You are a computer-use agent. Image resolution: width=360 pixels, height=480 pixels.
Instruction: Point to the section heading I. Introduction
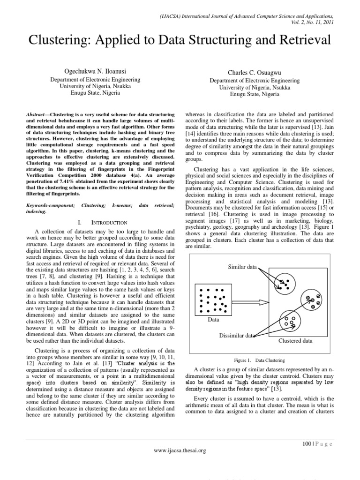pos(101,222)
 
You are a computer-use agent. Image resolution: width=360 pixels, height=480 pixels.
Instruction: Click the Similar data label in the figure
pos(242,267)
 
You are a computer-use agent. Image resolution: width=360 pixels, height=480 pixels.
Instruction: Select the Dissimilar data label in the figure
pos(237,335)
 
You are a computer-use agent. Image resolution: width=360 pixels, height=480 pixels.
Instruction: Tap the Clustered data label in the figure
pos(295,341)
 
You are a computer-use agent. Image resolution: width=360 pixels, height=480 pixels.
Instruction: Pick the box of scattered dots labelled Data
pos(213,300)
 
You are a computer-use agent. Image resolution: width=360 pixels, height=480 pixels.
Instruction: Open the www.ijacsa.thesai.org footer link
pos(180,450)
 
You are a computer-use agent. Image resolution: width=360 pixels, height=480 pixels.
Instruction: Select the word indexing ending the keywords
pos(36,211)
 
